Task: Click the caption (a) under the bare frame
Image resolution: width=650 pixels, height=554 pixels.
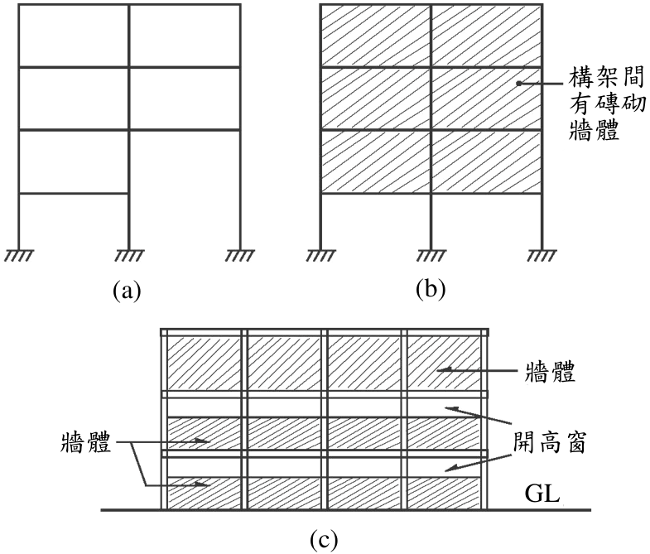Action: click(x=127, y=290)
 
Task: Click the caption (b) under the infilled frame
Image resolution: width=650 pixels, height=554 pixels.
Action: click(x=431, y=290)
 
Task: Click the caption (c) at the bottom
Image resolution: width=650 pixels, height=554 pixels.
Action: click(x=324, y=538)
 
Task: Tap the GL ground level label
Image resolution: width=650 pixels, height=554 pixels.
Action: click(x=542, y=493)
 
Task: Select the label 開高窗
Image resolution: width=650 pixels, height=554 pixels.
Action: click(x=549, y=443)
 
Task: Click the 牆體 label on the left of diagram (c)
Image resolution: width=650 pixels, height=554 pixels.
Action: click(x=86, y=442)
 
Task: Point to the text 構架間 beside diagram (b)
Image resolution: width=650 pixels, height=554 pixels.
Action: click(x=606, y=77)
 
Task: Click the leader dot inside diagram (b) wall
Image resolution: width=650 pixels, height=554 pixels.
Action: click(x=518, y=84)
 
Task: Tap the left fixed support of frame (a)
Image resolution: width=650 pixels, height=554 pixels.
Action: click(x=19, y=255)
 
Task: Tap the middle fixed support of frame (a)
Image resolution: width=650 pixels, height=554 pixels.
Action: click(x=129, y=255)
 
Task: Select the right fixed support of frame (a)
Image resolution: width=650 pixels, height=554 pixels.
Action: click(x=240, y=255)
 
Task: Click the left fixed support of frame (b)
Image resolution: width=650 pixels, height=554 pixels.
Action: click(x=320, y=255)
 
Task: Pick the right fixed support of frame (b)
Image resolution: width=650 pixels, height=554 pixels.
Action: click(x=542, y=255)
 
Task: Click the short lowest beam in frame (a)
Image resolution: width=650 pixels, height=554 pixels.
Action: click(x=74, y=193)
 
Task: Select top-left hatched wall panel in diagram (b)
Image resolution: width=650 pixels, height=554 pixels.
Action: click(x=376, y=36)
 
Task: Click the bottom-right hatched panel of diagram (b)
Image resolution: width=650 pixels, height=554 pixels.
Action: click(x=486, y=161)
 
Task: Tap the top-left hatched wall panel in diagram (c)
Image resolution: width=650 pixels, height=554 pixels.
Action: click(x=204, y=364)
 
